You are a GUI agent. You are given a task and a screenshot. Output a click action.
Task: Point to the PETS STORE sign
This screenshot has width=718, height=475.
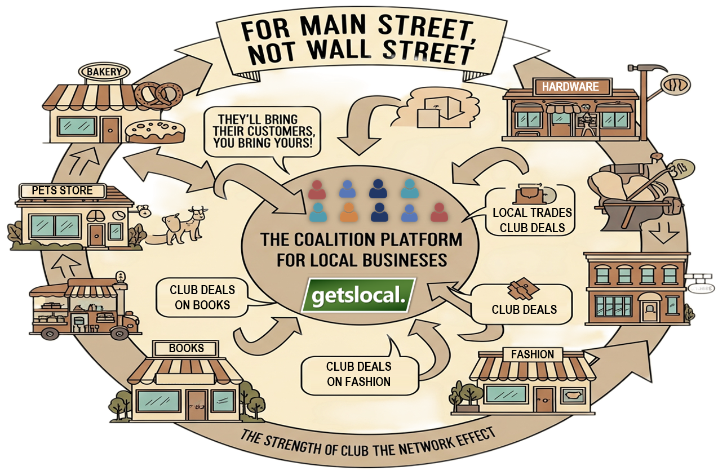coord(62,190)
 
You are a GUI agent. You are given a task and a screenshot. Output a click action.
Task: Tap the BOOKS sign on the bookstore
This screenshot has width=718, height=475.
coord(186,348)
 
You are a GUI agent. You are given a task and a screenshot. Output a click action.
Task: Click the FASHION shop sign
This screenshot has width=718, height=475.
coord(532,354)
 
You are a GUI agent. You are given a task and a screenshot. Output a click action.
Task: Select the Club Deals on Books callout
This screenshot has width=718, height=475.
coord(202,297)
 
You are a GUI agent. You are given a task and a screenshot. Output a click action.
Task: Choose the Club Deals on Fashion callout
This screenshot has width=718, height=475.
coord(359,374)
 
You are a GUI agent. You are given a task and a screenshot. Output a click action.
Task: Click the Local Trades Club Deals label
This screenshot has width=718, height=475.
coord(532,220)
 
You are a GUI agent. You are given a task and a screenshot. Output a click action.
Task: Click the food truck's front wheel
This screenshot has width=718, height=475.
coord(119,333)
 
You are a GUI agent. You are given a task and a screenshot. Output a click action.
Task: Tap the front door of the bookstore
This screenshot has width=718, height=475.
coord(197,405)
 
